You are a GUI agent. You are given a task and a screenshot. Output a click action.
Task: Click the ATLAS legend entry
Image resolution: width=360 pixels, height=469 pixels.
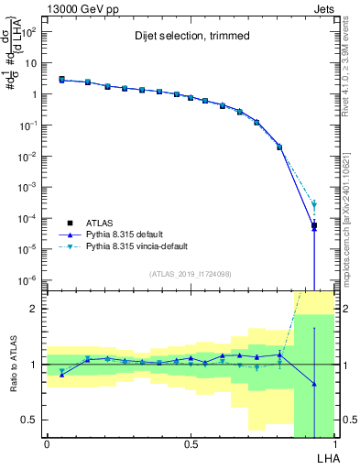coord(100,222)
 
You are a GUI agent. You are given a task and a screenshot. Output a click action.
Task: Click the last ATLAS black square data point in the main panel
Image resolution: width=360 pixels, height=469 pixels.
coord(313,225)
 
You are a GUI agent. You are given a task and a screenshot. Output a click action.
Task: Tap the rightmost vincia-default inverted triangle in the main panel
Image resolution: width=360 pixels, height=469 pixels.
coord(313,205)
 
